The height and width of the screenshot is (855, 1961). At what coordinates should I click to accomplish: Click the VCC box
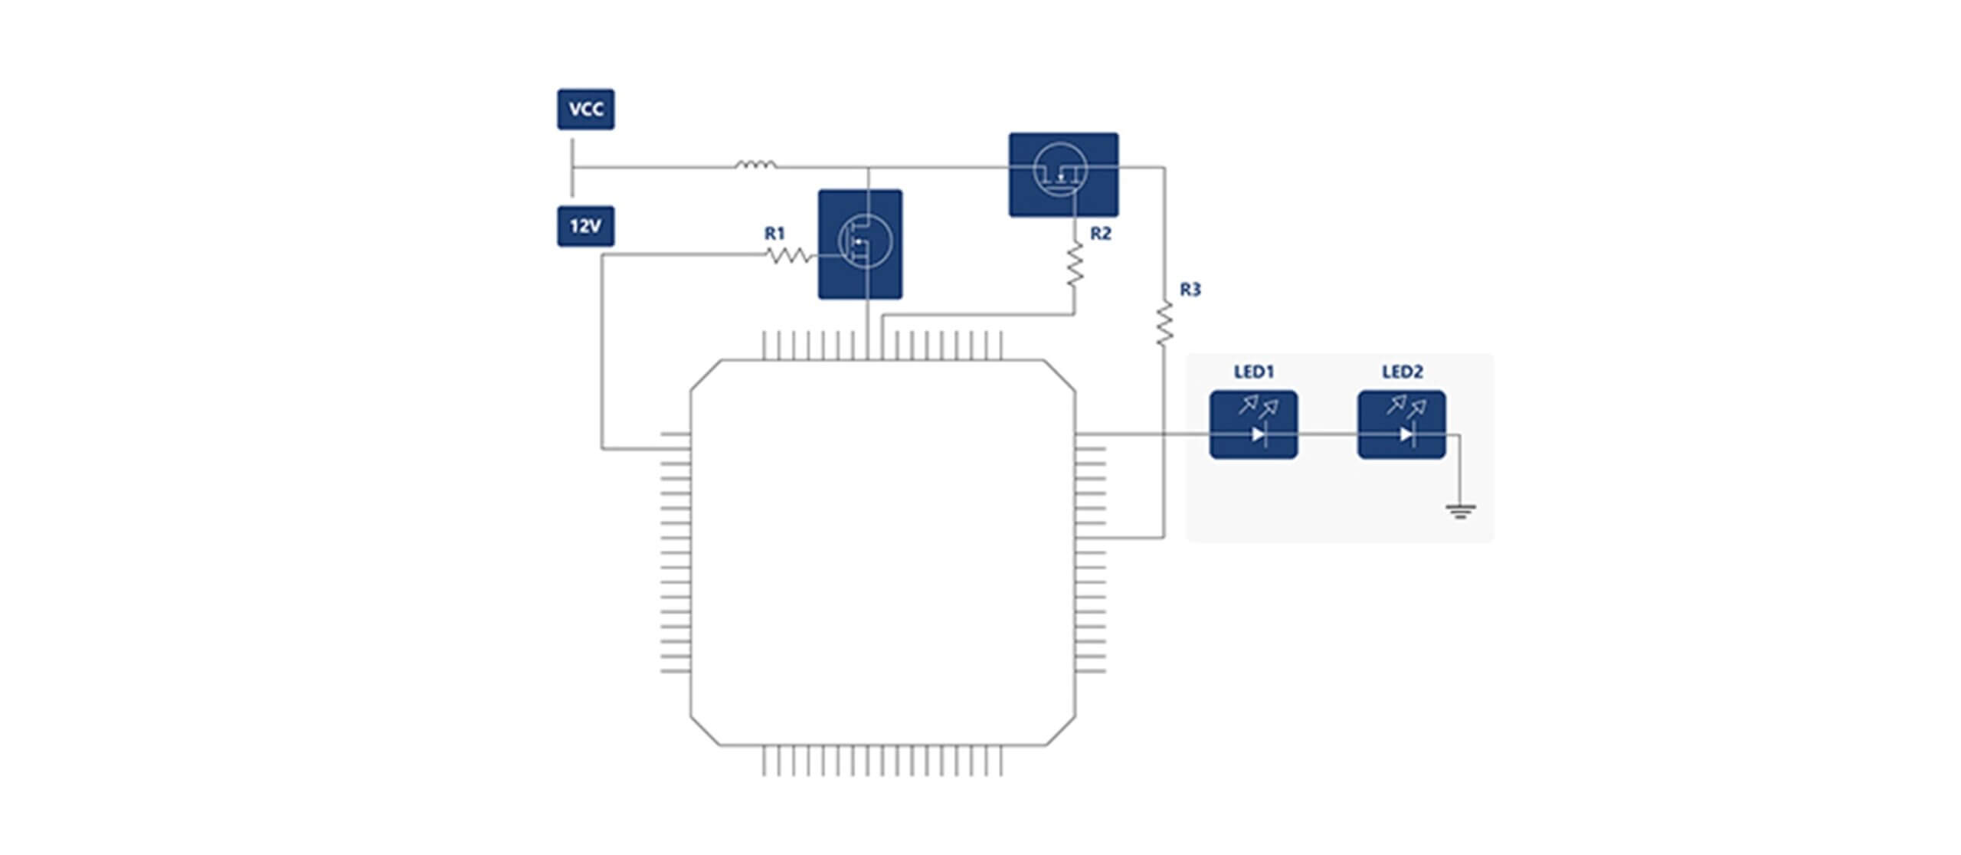585,109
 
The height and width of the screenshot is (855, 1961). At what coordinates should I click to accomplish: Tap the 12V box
585,226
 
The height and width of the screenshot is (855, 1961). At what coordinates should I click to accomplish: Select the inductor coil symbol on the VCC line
755,164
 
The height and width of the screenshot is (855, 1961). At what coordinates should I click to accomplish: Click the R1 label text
774,233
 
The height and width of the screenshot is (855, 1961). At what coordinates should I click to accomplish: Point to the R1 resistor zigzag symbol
789,256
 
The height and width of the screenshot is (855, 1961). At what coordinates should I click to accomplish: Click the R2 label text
1100,233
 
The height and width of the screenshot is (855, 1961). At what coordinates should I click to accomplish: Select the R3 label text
1190,290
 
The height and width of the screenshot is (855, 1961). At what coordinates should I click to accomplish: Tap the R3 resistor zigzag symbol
1164,323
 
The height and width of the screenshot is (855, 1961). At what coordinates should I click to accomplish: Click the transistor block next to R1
859,244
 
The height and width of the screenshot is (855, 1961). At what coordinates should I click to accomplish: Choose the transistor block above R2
1062,175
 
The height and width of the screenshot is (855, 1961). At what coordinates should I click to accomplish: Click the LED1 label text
1253,372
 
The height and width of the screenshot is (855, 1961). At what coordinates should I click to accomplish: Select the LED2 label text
1402,372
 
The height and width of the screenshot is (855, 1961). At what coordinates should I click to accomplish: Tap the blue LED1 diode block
1253,424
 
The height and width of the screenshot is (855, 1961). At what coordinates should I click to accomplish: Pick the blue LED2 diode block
1402,424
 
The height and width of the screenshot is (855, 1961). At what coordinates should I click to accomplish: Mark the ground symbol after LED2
1460,511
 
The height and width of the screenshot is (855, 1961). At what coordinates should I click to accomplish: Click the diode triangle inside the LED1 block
1258,434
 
